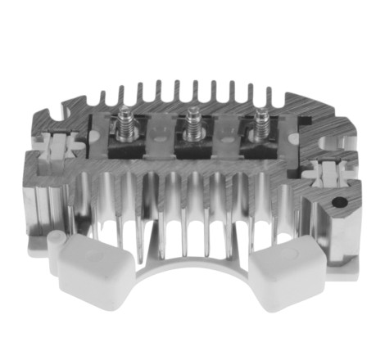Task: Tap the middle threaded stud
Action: (x=194, y=124)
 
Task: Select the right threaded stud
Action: (x=261, y=124)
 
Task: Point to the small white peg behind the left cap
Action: (x=56, y=239)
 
